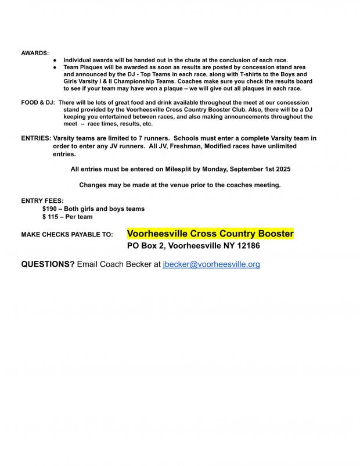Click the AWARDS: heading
point(35,53)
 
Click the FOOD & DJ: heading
point(38,102)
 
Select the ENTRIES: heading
point(36,139)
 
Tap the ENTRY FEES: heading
point(42,200)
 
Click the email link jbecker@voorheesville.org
point(211,264)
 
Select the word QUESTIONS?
point(48,264)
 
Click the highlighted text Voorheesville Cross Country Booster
point(210,234)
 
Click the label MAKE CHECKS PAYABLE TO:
point(67,235)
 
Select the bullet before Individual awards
point(54,60)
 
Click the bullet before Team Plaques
point(54,67)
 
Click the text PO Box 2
point(146,246)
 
